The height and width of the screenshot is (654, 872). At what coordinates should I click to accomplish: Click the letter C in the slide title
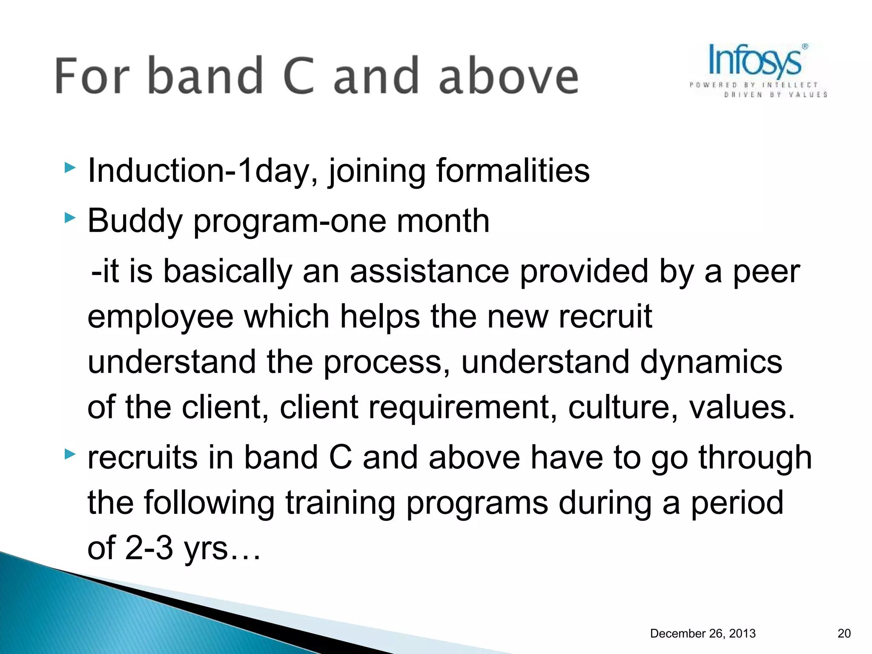coord(298,76)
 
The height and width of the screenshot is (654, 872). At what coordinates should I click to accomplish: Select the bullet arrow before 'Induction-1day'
coord(70,168)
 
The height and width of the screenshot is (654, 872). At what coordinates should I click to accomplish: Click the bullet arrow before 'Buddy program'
coord(70,218)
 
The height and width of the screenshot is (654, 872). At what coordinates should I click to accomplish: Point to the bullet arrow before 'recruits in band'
coord(70,454)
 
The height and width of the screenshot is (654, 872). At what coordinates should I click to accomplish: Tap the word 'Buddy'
coord(135,221)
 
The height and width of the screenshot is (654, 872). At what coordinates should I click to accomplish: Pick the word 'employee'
coord(160,318)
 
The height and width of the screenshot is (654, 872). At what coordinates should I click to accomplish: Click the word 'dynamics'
coord(711,362)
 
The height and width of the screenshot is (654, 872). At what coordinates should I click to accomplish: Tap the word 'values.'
coord(742,407)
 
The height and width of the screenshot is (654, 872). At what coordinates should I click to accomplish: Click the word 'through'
coord(755,458)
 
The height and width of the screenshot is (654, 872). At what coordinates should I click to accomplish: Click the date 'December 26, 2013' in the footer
coord(703,634)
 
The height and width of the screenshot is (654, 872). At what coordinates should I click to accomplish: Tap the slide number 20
coord(844,634)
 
